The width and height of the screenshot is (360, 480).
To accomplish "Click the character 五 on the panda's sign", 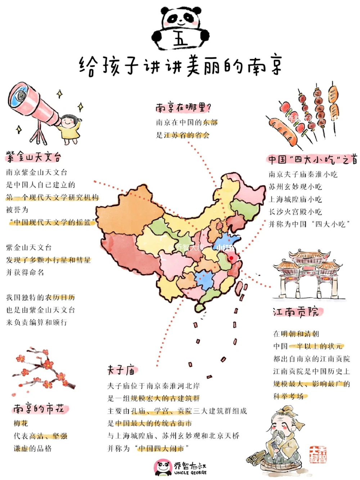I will [x=180, y=39].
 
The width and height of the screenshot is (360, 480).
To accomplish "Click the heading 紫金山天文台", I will [x=33, y=157].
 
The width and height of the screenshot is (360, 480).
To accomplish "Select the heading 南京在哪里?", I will [x=183, y=107].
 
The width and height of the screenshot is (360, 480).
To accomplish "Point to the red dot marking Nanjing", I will [x=231, y=258].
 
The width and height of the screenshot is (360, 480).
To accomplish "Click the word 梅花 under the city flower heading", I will [x=21, y=423].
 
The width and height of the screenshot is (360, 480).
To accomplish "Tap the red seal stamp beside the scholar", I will [x=318, y=454].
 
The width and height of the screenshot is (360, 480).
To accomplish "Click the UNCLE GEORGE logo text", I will [x=190, y=472].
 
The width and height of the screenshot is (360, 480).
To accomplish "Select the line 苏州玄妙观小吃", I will [x=295, y=187].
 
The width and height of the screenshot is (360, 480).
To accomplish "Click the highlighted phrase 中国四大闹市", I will [x=161, y=448].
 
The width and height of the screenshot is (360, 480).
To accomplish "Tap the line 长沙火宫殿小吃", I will [x=295, y=212].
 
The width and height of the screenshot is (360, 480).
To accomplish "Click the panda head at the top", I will [x=180, y=18].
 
